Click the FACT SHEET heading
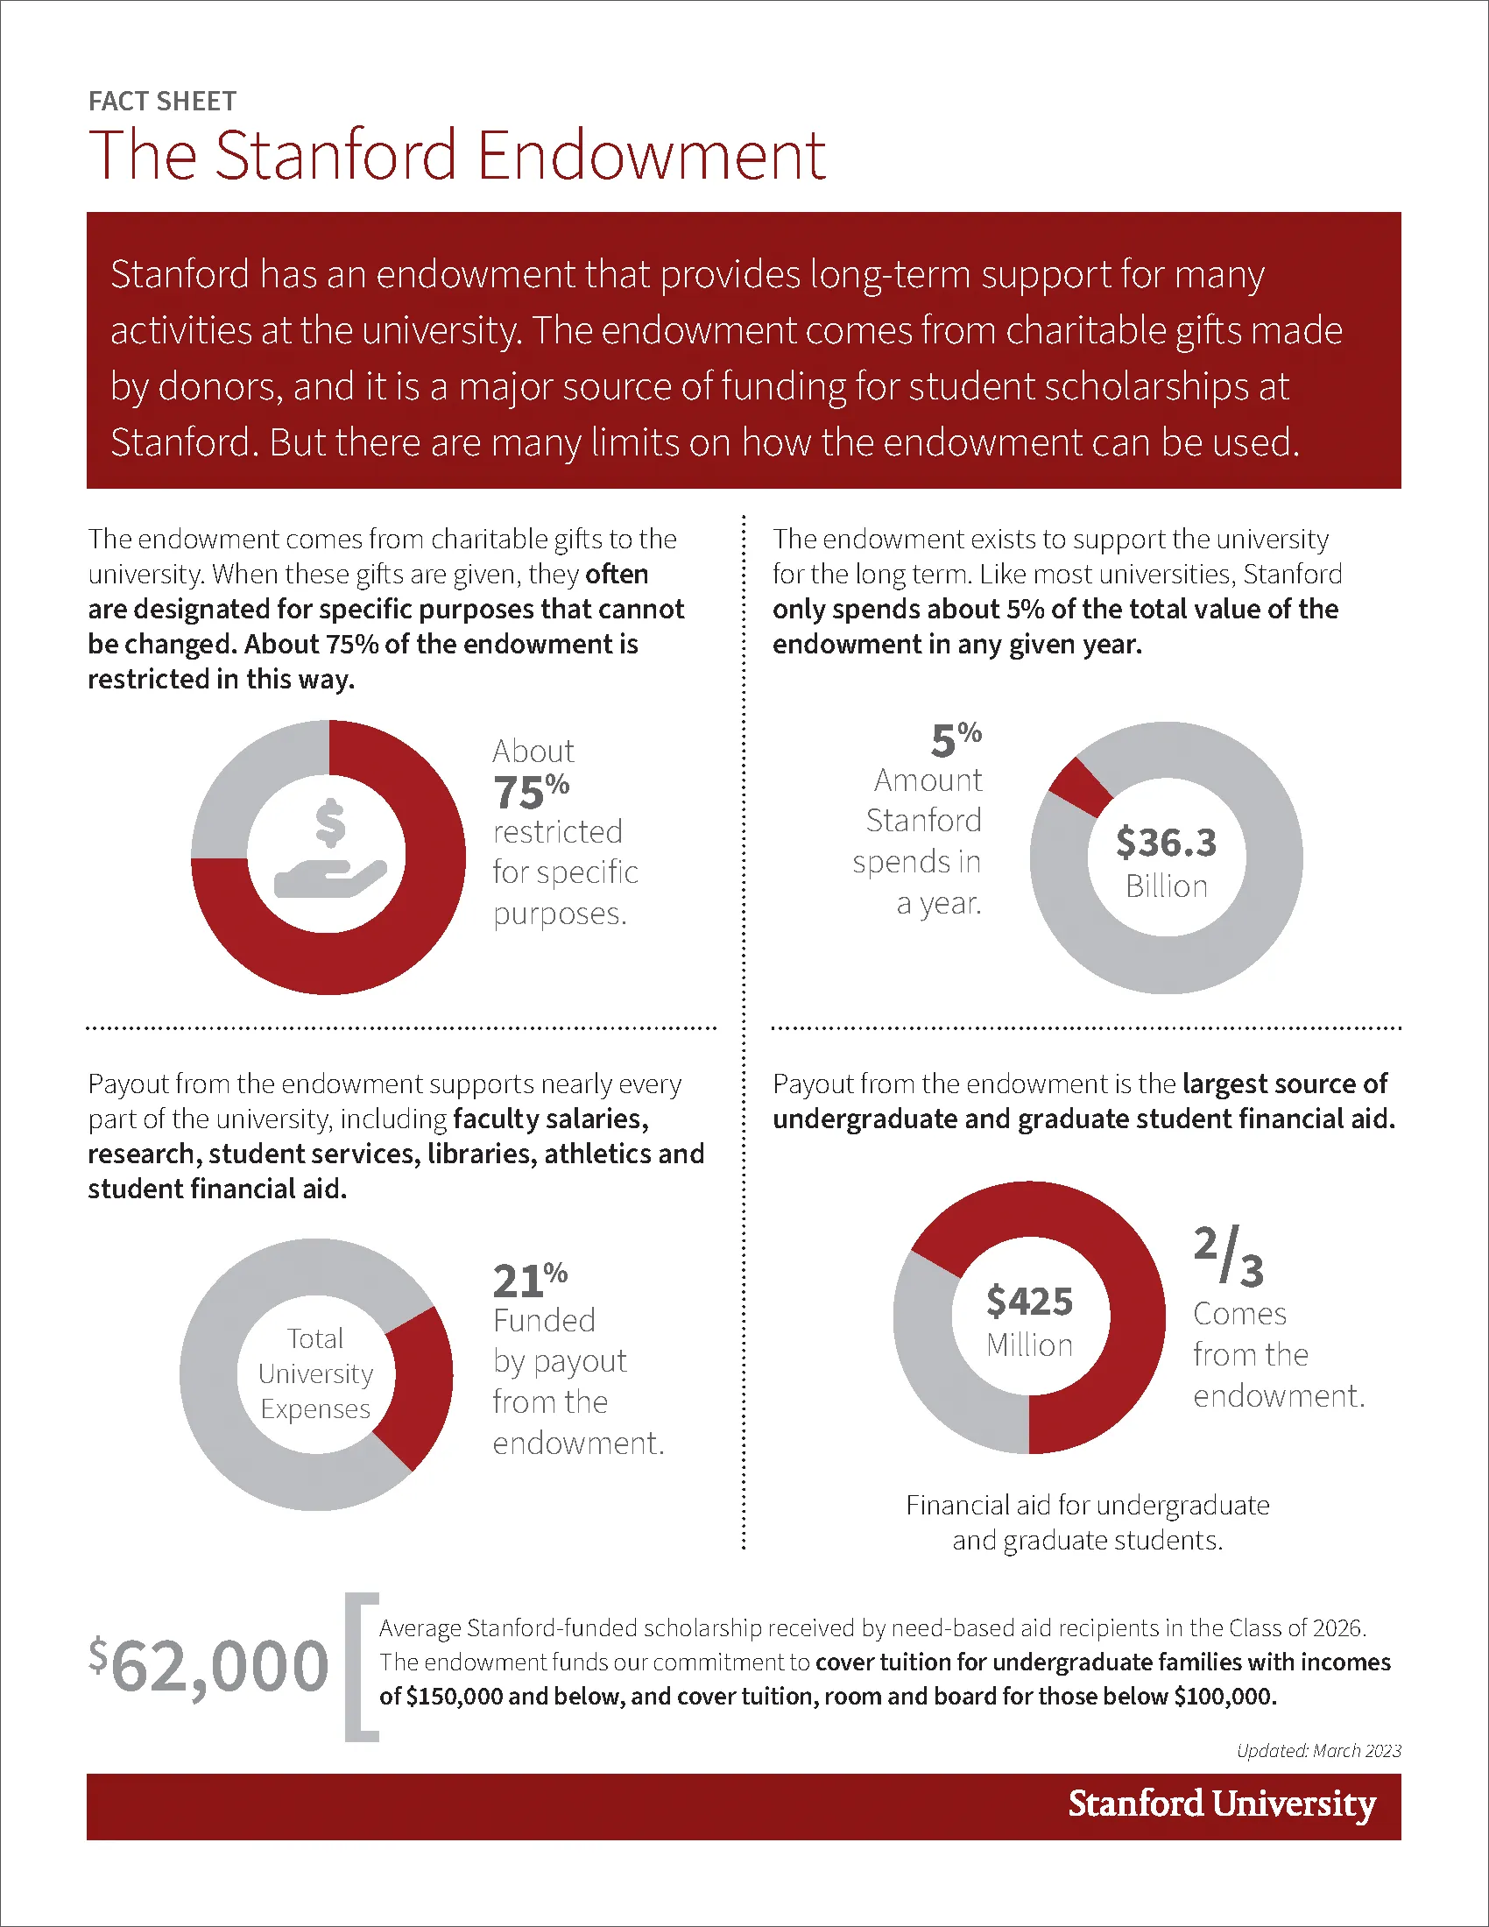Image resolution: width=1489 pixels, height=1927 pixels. coord(162,102)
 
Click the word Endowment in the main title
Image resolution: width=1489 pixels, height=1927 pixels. coord(652,155)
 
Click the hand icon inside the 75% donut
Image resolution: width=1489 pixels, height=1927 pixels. coord(330,879)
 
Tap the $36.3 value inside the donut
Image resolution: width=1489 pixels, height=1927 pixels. coord(1166,843)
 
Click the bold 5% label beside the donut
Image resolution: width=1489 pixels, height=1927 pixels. coord(956,739)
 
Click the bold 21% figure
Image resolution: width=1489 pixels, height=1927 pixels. coord(530,1281)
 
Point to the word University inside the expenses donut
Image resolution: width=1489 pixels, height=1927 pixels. coord(316,1373)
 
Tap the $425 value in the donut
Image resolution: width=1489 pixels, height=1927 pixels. coord(1029,1301)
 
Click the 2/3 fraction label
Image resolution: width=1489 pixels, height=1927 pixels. coord(1229,1255)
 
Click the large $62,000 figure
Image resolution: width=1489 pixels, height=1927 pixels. coord(208,1666)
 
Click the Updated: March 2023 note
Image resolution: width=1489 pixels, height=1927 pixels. coord(1319,1751)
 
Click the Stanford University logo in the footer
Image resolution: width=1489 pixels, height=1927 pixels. coord(1222,1803)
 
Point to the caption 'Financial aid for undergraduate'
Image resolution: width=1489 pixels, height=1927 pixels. coord(1088,1505)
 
